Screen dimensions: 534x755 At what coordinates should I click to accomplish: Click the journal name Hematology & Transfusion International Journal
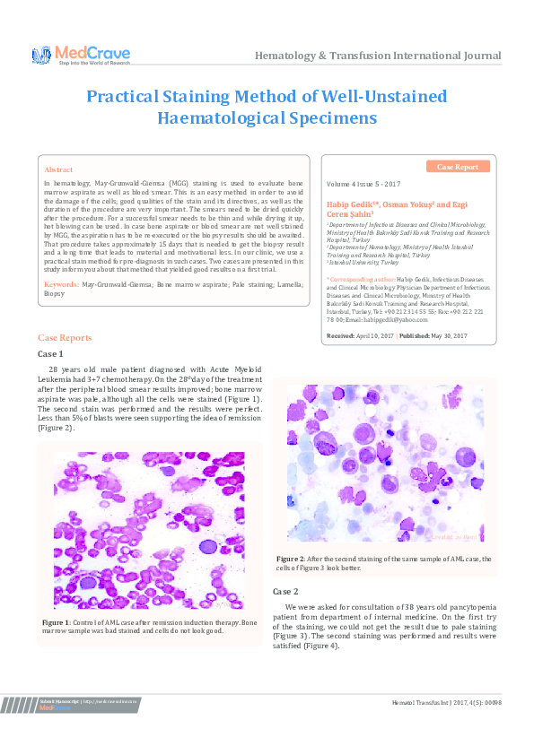click(x=378, y=56)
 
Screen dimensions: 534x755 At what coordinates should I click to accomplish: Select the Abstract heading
click(x=58, y=169)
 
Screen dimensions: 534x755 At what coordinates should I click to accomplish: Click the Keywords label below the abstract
click(x=61, y=283)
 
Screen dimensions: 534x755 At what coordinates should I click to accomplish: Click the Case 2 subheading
click(x=285, y=592)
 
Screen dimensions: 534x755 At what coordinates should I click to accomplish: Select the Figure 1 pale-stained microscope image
click(x=149, y=529)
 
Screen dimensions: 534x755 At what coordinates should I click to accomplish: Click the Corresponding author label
click(x=362, y=304)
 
